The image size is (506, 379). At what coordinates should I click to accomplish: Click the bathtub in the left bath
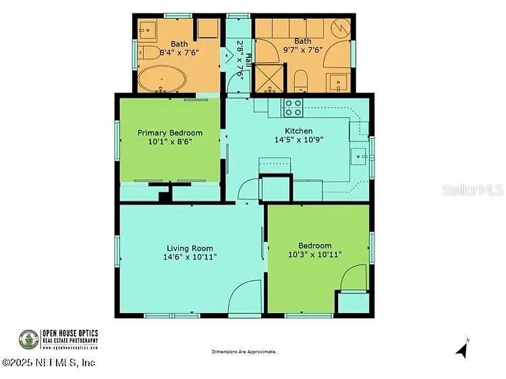coord(162,80)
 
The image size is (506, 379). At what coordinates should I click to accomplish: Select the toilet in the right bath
coord(301,81)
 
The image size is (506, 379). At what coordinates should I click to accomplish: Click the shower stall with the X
coord(269,78)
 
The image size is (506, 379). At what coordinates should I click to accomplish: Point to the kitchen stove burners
coord(293,108)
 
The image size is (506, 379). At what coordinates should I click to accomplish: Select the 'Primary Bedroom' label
coord(170,133)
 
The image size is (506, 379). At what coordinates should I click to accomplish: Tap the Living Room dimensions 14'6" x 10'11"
coord(190,257)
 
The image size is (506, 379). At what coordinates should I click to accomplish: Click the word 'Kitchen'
coord(298,131)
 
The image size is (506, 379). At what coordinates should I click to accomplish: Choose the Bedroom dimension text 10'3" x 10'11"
coord(314,254)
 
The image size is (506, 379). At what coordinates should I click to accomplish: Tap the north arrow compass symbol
coord(463,349)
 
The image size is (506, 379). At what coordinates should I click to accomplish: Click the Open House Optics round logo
coord(28,339)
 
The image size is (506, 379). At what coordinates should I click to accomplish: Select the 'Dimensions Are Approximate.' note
coord(244,352)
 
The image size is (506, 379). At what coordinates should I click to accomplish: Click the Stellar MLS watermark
coord(472,189)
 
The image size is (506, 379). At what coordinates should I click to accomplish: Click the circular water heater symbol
coord(341,29)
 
